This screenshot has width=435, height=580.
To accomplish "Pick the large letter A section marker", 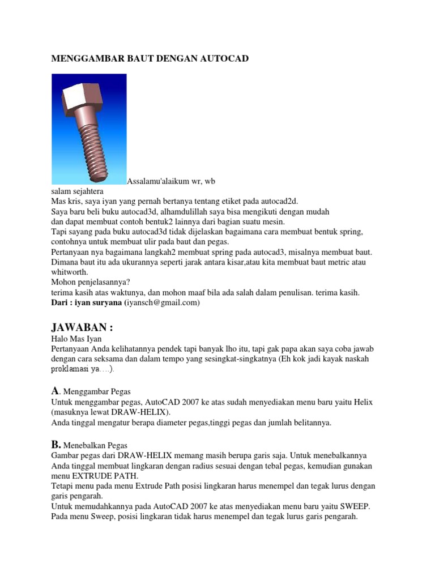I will tap(55, 390).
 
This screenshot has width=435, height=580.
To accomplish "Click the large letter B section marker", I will tap(56, 445).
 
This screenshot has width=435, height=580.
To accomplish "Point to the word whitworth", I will tap(70, 272).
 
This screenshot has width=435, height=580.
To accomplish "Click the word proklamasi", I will tap(70, 369).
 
